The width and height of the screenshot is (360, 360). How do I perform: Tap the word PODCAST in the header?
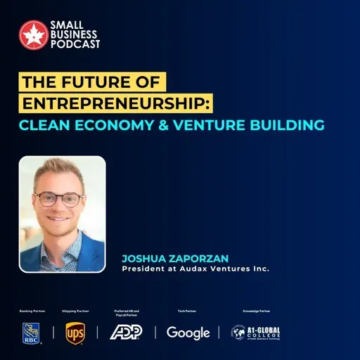75,44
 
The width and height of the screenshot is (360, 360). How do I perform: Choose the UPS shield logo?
75,332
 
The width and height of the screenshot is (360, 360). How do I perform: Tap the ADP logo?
126,332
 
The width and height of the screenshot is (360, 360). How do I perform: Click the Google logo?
188,332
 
